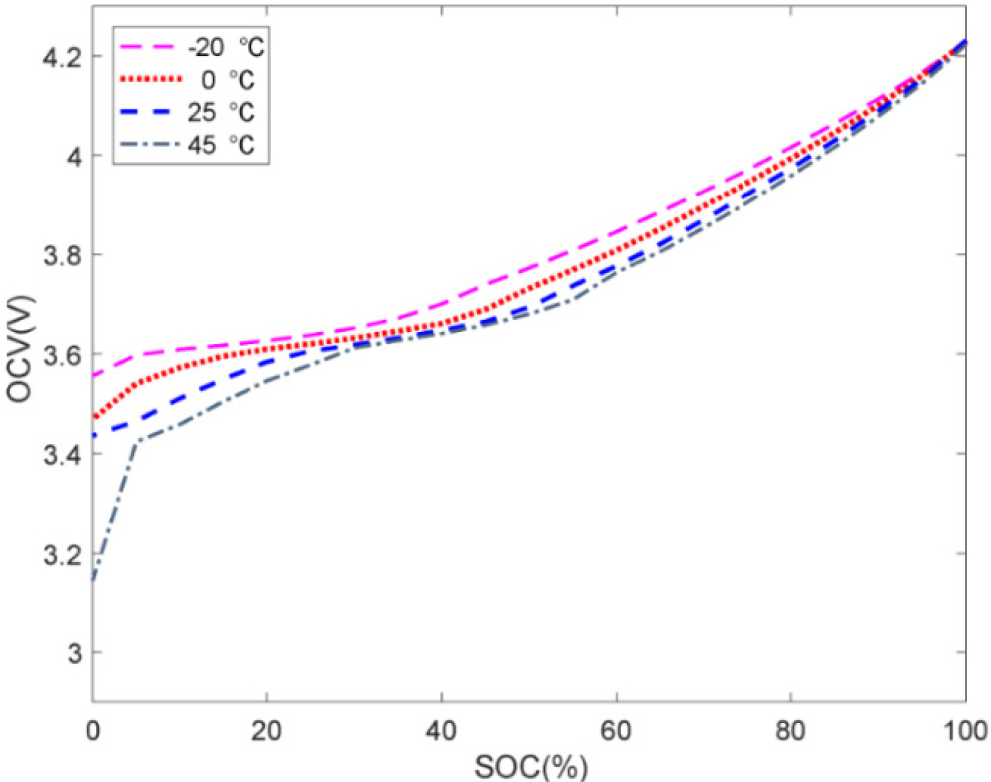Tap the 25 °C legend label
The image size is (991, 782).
pyautogui.click(x=229, y=113)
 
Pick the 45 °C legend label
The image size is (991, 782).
pyautogui.click(x=229, y=145)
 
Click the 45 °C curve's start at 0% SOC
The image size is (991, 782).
pyautogui.click(x=93, y=580)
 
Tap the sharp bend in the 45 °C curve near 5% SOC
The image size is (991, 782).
pyautogui.click(x=136, y=441)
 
